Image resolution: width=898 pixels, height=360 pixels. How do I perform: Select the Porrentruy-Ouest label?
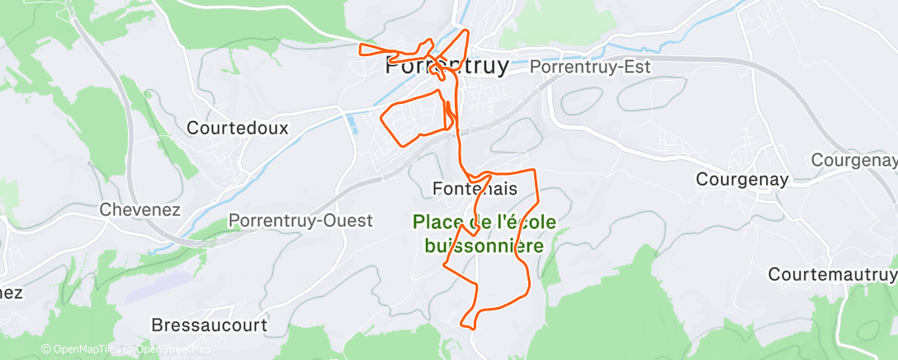coord(300,220)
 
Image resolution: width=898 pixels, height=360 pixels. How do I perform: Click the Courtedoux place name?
coord(238,128)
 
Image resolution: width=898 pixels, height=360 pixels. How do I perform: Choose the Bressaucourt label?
coord(210,325)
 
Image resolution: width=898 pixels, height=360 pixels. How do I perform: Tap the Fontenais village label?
coord(475,189)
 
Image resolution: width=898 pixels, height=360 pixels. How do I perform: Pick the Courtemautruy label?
coord(832,273)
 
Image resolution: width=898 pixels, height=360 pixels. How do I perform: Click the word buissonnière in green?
coord(484,246)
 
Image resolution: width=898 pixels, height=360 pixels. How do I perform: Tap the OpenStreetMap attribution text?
coord(169,350)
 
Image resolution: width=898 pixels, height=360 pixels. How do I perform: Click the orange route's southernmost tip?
coord(470,328)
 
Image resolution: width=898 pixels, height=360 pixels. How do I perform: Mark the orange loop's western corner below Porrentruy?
coord(381,119)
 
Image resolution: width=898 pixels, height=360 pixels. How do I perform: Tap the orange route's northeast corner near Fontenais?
coord(536,171)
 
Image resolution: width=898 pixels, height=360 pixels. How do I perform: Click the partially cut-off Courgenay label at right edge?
coord(854,160)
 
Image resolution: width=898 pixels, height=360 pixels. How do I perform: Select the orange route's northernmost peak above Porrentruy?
coord(468,31)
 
